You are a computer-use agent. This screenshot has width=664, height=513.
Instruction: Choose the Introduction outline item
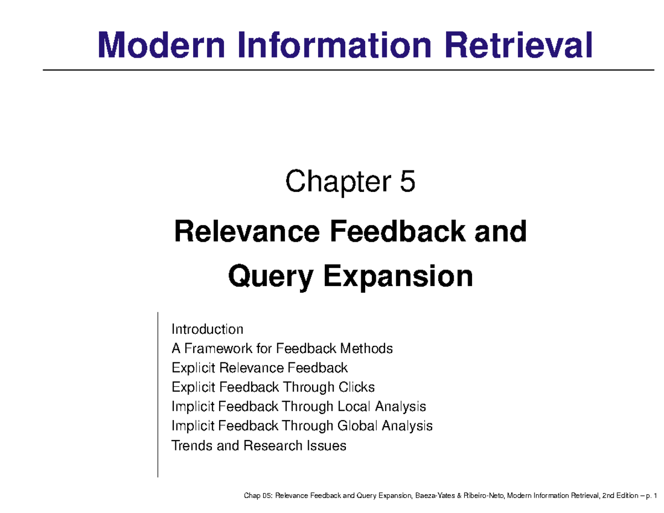pos(207,330)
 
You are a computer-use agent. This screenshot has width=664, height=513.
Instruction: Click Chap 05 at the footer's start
pos(257,496)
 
